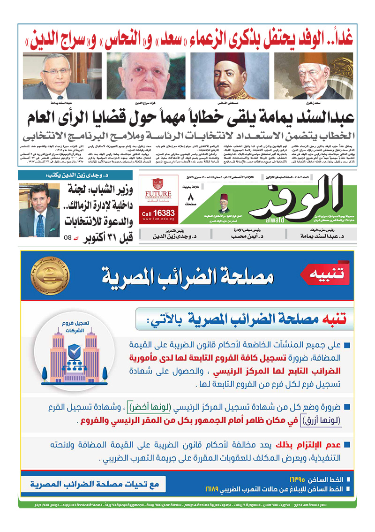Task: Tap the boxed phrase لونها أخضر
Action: [x=186, y=406]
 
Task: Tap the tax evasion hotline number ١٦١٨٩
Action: [x=213, y=489]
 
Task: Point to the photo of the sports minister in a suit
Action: [x=40, y=210]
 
